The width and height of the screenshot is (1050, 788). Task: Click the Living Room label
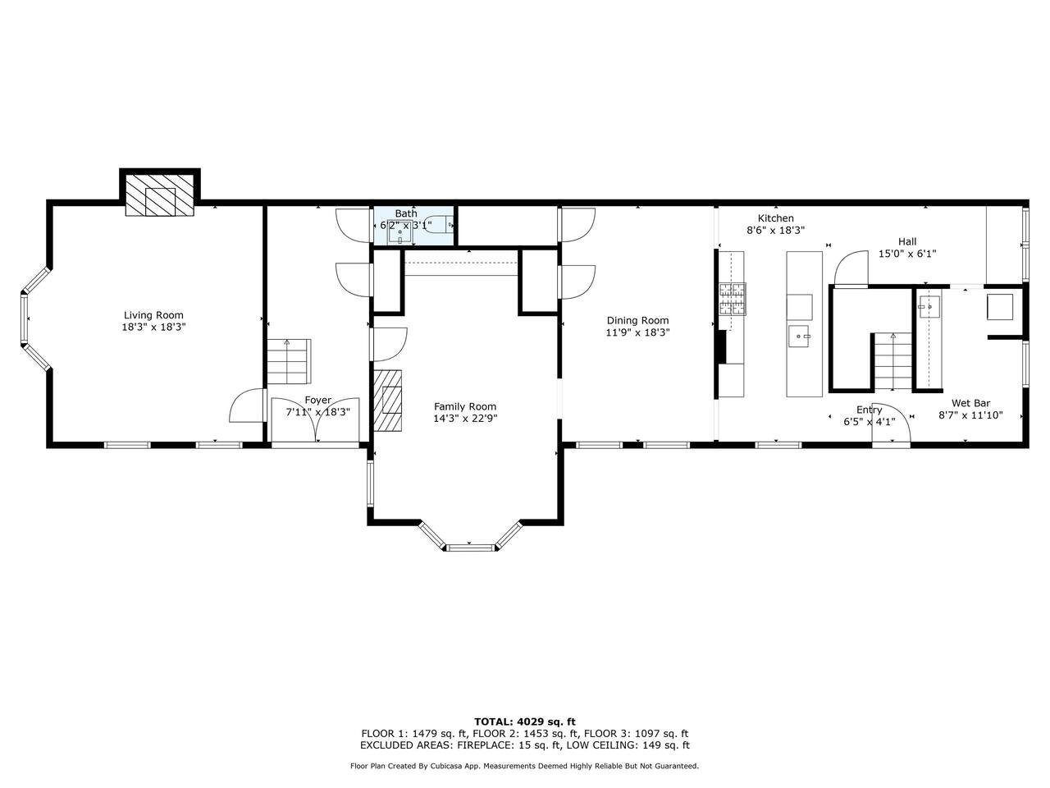click(153, 315)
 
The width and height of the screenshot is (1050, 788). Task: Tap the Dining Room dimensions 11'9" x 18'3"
click(637, 332)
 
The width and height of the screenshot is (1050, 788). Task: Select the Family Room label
click(465, 406)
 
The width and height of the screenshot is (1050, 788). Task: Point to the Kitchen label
click(775, 218)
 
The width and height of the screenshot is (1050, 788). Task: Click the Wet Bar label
click(970, 403)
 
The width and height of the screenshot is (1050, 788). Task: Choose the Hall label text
click(907, 241)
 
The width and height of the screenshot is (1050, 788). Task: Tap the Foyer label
click(318, 400)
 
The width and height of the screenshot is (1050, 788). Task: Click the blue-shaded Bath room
click(414, 225)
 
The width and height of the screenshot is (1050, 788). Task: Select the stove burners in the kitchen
click(733, 299)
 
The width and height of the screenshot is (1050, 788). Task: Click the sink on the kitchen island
click(798, 337)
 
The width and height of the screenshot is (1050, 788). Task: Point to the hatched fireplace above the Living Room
click(160, 195)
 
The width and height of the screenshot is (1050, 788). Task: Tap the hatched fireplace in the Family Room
click(387, 401)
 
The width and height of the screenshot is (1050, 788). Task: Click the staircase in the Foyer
click(289, 362)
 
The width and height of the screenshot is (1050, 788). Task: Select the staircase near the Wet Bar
click(892, 362)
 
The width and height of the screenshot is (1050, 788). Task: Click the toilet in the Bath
click(439, 224)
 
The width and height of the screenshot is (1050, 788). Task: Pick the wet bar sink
click(929, 307)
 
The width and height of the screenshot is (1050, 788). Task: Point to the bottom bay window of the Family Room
click(469, 547)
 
